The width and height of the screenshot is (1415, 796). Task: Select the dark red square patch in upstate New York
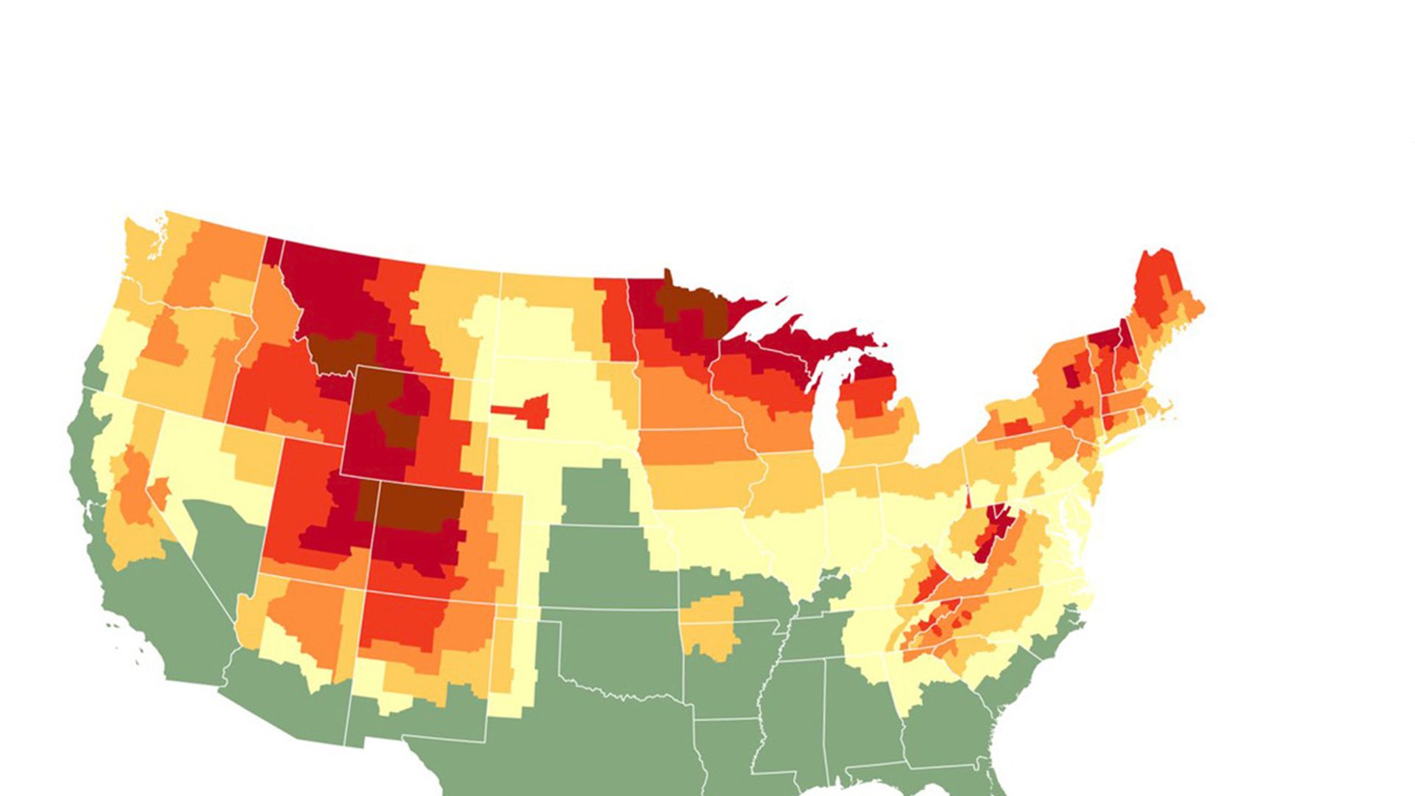pyautogui.click(x=1070, y=377)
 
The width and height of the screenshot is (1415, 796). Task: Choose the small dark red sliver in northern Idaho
pyautogui.click(x=273, y=251)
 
